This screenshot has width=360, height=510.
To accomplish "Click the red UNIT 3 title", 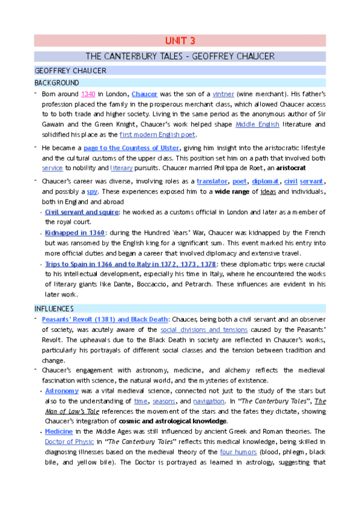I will (x=180, y=41).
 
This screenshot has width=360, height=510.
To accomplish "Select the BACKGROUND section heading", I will (x=56, y=82).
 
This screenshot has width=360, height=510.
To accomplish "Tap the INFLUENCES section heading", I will (x=56, y=309).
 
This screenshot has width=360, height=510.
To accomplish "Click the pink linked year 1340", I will (x=88, y=94).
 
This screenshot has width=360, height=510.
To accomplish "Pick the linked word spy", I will (x=92, y=191).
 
